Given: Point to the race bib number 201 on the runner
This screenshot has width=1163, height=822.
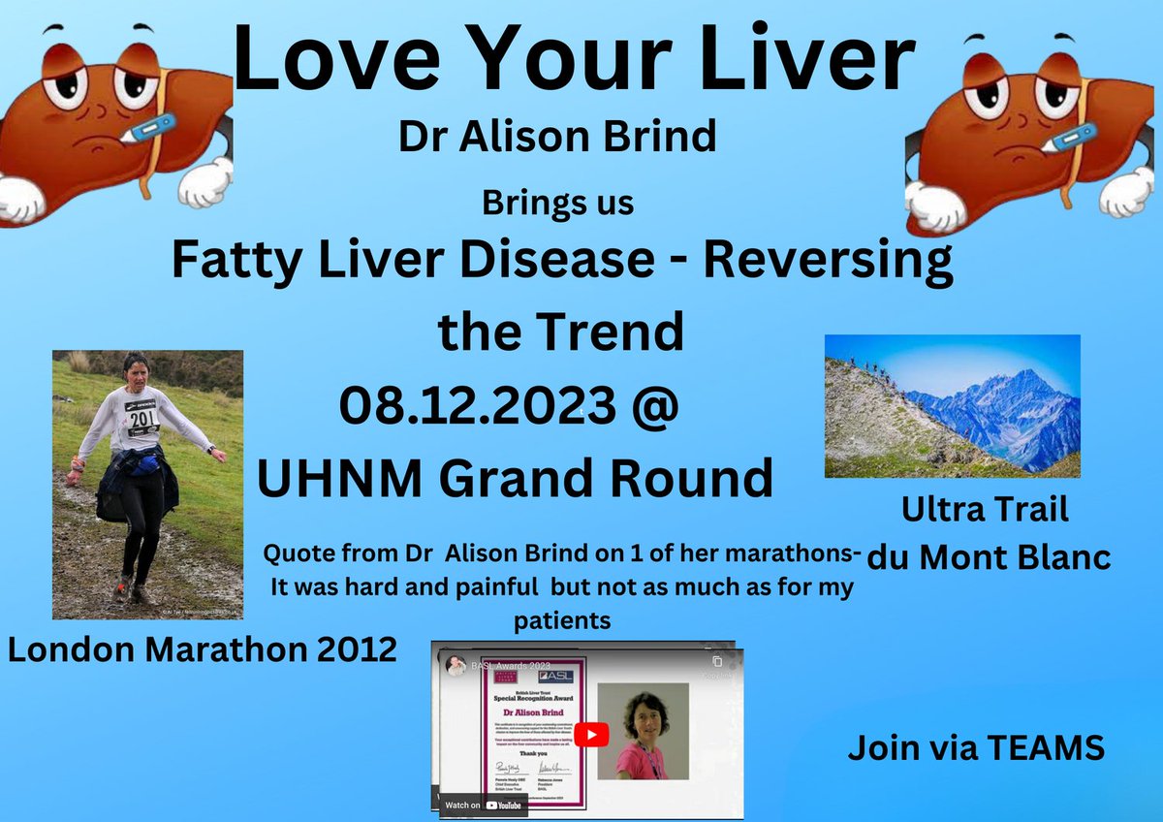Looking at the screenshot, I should point(141,418).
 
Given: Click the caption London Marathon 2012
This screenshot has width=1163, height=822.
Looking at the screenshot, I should point(202,649).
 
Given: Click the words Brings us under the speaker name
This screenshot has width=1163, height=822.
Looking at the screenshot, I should point(557,205).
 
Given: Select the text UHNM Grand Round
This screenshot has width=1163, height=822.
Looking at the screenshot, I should point(515,478).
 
